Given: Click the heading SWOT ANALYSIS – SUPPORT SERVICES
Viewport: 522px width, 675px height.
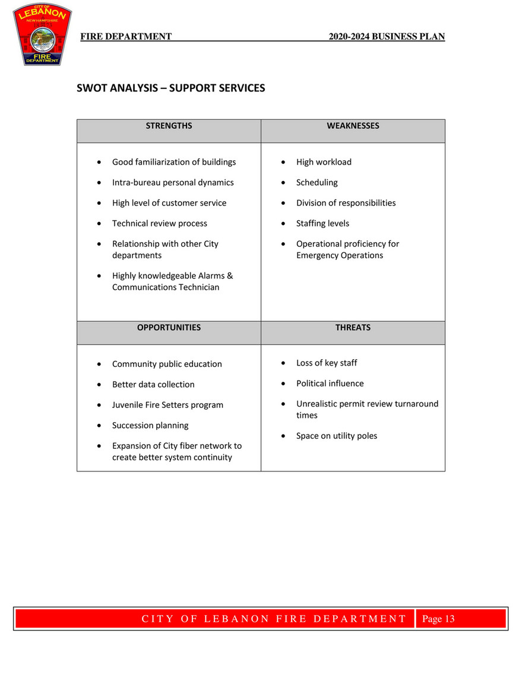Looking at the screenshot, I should [171, 88].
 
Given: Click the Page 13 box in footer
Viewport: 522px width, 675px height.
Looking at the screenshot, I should [438, 619].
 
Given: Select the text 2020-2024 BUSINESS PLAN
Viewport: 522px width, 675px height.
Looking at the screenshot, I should [387, 37].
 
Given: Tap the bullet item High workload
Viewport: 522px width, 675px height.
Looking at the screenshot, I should [324, 162].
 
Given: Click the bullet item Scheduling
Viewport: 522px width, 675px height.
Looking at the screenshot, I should [317, 183].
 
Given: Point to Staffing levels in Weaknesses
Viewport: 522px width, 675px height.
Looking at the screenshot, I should [322, 224].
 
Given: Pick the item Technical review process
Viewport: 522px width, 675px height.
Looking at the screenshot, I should [160, 224].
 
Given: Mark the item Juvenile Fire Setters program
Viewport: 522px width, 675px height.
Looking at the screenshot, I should [167, 405].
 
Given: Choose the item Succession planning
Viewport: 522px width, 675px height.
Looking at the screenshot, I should [150, 426].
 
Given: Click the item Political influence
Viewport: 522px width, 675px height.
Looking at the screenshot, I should [330, 384].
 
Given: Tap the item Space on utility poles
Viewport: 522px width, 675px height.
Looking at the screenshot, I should [336, 436].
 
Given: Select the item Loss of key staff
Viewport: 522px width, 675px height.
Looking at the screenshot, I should [327, 363].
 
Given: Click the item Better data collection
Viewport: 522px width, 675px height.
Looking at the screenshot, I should [153, 385].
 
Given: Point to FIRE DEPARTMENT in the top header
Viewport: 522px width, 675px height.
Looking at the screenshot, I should [126, 37].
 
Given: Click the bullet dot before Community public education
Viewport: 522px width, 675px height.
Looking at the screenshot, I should [99, 365].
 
